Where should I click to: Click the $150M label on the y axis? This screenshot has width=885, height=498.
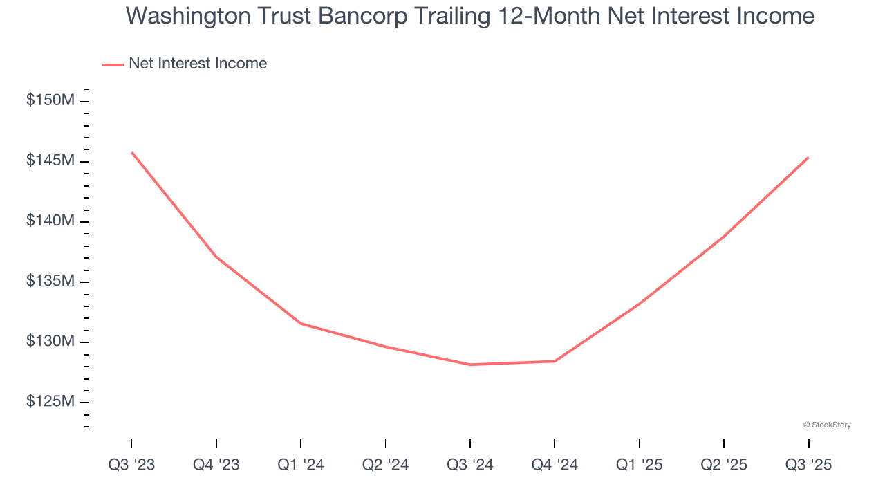tap(50, 100)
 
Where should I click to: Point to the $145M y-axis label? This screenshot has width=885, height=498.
tap(50, 160)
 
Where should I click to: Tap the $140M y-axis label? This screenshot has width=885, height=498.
tap(50, 221)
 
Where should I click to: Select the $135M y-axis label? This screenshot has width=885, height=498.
tap(50, 281)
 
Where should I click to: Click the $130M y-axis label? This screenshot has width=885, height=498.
tap(50, 341)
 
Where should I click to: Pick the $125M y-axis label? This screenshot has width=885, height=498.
tap(50, 401)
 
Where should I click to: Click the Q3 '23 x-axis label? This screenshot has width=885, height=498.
tap(131, 465)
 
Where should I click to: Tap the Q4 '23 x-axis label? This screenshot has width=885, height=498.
tap(216, 465)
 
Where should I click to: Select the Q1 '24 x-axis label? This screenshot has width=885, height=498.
tap(301, 465)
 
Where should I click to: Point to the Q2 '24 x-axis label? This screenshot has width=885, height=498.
tap(386, 465)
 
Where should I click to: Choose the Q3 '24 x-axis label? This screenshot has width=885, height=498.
tap(470, 465)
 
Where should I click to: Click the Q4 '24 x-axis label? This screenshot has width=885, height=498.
tap(555, 465)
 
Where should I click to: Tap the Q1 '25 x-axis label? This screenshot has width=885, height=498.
tap(640, 465)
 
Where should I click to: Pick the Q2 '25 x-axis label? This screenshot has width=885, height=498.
tap(724, 465)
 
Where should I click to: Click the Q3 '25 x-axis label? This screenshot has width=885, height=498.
tap(809, 465)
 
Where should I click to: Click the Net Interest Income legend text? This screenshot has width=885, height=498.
tap(198, 64)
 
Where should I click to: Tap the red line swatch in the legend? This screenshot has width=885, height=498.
tap(113, 64)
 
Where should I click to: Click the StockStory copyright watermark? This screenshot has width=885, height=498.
tap(827, 425)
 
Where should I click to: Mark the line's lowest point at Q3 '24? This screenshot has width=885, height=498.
tap(470, 365)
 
